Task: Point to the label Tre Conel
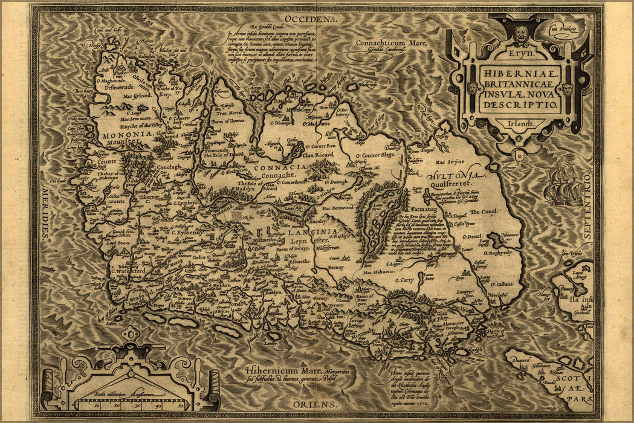tap(484, 212)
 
